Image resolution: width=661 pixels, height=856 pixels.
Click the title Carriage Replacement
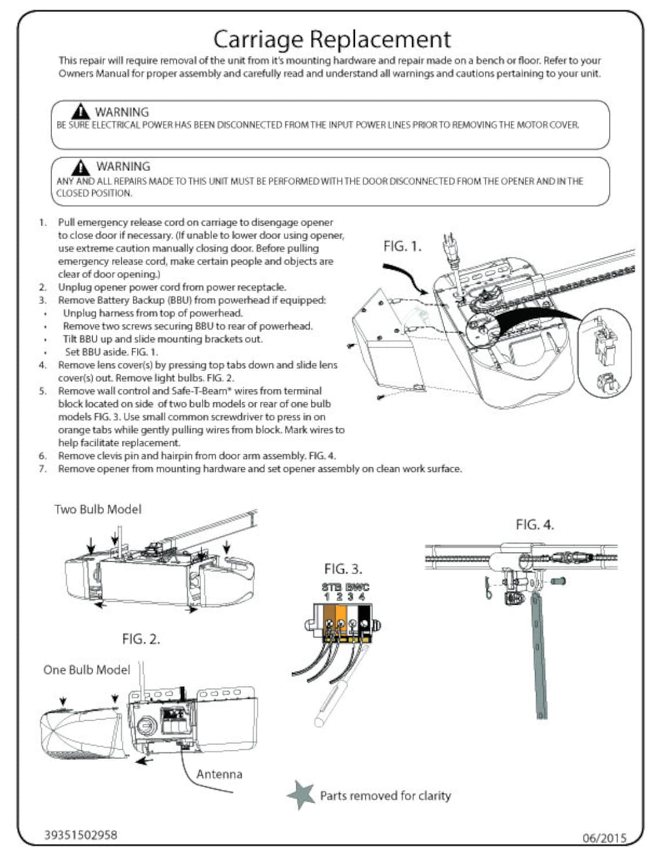331,39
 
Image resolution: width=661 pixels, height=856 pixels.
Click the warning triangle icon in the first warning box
80,111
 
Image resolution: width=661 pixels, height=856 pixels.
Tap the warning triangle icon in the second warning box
80,167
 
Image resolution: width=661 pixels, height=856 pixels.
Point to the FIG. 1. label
402,246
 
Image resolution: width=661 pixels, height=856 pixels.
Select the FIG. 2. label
140,639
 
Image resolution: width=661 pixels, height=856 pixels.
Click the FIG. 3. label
343,569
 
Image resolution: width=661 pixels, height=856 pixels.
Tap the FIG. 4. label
535,525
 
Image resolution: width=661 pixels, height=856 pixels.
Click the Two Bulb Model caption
97,509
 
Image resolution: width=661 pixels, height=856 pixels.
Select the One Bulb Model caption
86,669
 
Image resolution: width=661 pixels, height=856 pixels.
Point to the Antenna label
219,774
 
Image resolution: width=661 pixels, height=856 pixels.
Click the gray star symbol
301,794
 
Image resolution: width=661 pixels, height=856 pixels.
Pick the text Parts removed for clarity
385,796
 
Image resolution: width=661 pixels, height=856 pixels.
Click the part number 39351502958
81,835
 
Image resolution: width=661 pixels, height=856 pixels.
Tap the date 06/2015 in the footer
604,837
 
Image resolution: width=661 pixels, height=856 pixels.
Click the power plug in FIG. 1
450,247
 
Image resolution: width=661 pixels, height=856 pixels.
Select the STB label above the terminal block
332,587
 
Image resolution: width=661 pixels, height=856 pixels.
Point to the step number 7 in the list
42,469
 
